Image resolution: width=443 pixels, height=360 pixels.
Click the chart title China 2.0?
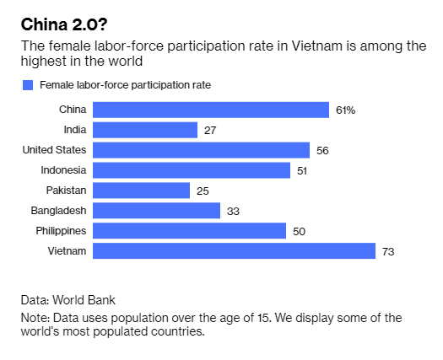pos(64,24)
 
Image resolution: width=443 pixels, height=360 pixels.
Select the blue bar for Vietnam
pos(235,250)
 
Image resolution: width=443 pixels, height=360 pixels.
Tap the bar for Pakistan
pos(141,191)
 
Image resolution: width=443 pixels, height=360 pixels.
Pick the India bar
pos(145,130)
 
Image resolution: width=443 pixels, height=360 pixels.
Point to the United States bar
pos(201,150)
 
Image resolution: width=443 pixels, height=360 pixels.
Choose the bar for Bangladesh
pos(156,211)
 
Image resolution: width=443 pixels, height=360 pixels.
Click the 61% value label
pos(345,110)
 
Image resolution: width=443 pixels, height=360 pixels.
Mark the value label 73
pos(388,251)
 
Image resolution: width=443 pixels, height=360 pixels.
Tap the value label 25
pos(203,191)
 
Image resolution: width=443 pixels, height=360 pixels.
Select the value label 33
pos(233,212)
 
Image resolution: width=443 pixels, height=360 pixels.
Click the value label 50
pos(299,232)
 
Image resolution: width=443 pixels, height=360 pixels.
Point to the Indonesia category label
pos(63,170)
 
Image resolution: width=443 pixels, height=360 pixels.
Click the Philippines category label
pos(61,231)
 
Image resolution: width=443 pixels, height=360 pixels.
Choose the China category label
pos(73,110)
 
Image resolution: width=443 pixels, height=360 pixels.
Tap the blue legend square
pos(28,85)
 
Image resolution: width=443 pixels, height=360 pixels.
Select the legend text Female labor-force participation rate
pos(125,85)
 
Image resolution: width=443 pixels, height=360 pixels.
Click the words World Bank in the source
pos(84,300)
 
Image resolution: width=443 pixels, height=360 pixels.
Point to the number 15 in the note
pos(264,318)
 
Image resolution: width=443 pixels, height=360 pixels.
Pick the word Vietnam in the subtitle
pos(316,46)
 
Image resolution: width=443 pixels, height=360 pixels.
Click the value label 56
pos(322,151)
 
